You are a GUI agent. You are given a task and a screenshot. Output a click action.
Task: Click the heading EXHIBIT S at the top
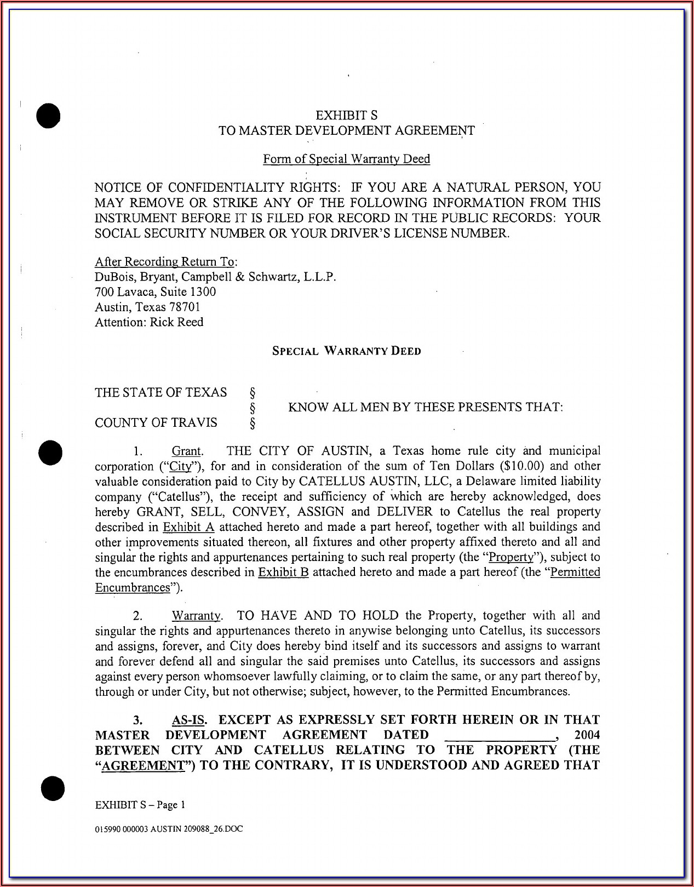[346, 115]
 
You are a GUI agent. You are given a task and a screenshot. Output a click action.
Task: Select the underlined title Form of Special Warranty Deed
[346, 159]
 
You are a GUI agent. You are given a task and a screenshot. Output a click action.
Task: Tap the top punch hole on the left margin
[48, 116]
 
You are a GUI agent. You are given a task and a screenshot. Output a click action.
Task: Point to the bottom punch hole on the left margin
[53, 789]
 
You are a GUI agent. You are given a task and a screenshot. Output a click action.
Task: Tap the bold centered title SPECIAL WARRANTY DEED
[346, 351]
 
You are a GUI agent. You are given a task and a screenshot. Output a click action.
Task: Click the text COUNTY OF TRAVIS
[156, 422]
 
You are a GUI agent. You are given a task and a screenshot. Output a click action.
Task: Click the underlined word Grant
[187, 451]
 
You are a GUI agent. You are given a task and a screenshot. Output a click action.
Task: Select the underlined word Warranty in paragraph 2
[196, 616]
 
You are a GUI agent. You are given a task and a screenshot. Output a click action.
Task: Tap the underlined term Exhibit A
[188, 527]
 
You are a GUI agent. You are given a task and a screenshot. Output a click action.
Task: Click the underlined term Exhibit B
[283, 573]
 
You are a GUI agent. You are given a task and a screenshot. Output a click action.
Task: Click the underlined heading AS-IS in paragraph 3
[188, 720]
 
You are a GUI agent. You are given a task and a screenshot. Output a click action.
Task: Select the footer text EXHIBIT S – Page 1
[140, 805]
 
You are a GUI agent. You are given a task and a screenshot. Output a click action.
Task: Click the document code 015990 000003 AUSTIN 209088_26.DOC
[169, 829]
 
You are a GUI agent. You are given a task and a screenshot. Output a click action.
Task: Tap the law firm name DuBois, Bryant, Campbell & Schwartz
[215, 277]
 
